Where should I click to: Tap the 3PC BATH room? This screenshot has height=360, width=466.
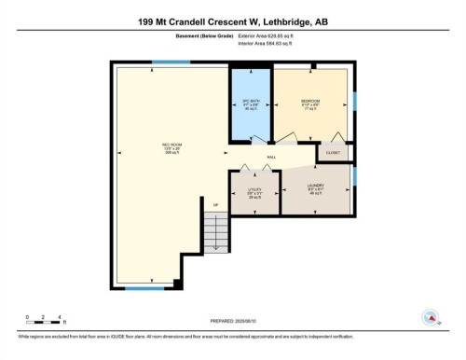tap(249, 104)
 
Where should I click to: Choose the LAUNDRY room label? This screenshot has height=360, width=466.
tap(317, 191)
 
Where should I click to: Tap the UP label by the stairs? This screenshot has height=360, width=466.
tap(215, 205)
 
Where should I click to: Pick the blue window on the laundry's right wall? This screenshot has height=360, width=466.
tap(355, 175)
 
